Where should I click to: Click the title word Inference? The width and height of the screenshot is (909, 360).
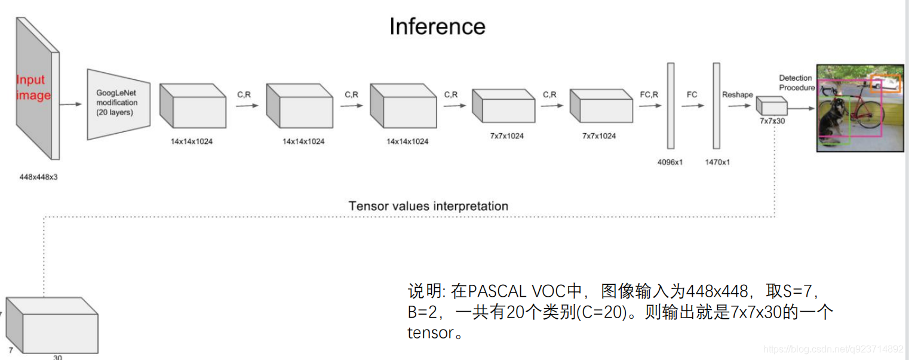point(437,27)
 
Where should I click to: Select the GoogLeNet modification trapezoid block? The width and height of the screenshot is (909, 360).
point(118,104)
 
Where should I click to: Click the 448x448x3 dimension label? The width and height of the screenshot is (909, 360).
point(38,177)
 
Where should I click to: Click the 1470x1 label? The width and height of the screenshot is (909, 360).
point(717,162)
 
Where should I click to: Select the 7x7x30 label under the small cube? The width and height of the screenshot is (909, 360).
point(773,121)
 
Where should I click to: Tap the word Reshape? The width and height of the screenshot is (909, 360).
point(738,94)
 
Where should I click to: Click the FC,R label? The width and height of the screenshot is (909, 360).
point(649,94)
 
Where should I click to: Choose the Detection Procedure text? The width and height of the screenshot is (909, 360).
point(796,83)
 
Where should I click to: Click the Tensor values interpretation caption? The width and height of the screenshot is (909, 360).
point(428,206)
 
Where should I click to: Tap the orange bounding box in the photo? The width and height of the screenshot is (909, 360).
point(885,83)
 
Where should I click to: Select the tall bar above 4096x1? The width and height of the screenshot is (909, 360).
point(671,105)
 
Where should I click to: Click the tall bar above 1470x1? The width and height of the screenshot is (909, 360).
point(717,105)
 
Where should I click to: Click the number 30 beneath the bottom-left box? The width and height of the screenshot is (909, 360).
point(57,357)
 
